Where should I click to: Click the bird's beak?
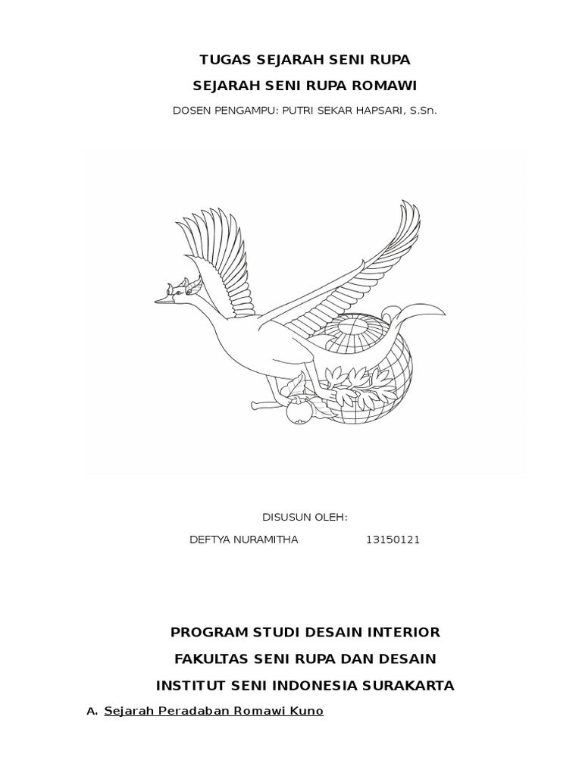click(162, 301)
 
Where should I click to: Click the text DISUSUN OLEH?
click(305, 517)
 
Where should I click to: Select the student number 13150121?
click(393, 540)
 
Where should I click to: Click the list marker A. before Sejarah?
click(92, 712)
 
